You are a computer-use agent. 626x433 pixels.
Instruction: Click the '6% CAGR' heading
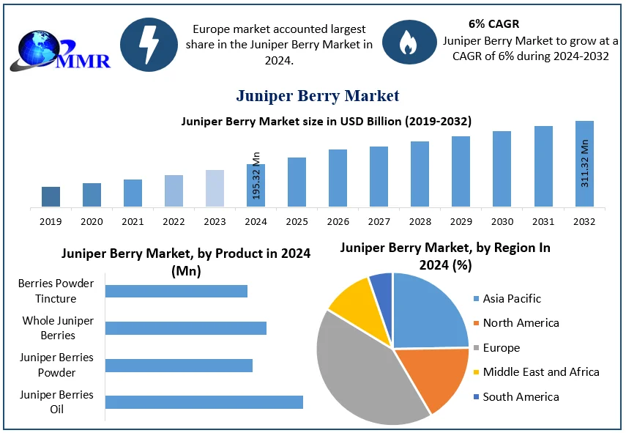pyautogui.click(x=493, y=24)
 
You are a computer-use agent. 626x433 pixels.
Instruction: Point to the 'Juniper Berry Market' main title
pyautogui.click(x=317, y=95)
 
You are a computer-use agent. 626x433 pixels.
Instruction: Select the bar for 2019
pyautogui.click(x=51, y=196)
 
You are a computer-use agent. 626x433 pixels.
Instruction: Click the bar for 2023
pyautogui.click(x=215, y=188)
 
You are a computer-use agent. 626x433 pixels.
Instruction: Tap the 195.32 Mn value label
pyautogui.click(x=256, y=176)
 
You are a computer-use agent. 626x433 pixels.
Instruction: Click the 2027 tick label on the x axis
pyautogui.click(x=379, y=221)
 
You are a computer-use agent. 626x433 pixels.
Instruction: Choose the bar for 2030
pyautogui.click(x=502, y=169)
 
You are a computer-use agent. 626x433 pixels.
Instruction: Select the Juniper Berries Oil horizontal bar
pyautogui.click(x=204, y=401)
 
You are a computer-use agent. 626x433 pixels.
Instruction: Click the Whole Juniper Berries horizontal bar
pyautogui.click(x=186, y=327)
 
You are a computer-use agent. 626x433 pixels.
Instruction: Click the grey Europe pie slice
pyautogui.click(x=359, y=366)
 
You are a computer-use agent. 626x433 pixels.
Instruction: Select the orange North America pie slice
pyautogui.click(x=436, y=377)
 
